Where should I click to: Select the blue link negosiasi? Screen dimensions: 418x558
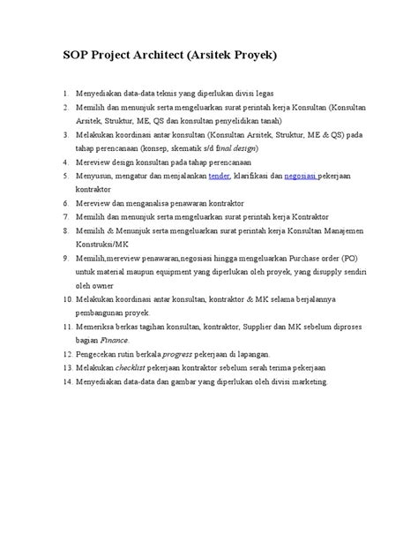(301, 176)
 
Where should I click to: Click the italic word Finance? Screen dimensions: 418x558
(115, 339)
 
